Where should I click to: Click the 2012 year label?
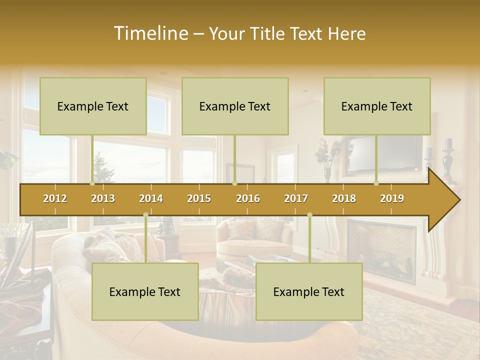[55, 198]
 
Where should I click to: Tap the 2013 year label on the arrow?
[103, 198]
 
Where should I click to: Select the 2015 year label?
[199, 198]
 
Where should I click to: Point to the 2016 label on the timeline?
[248, 198]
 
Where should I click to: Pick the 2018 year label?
[344, 198]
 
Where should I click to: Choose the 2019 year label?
[392, 198]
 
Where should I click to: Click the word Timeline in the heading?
[150, 33]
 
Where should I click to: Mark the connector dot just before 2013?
[92, 183]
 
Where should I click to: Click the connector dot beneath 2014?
[145, 214]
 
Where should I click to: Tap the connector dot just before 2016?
[234, 183]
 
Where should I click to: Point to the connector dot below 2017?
[309, 214]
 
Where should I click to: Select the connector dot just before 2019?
[376, 183]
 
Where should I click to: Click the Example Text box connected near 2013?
[93, 106]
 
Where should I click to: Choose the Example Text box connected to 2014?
[145, 291]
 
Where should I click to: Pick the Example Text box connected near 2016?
[235, 106]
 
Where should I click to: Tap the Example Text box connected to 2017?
[309, 291]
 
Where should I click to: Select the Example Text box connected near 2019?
[377, 106]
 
